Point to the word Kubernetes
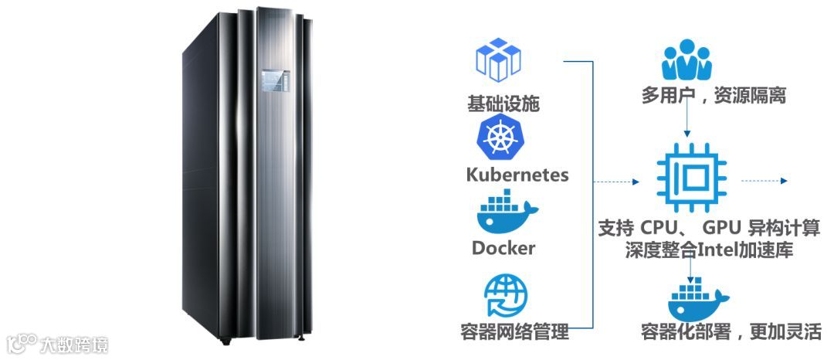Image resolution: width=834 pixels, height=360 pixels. point(517,174)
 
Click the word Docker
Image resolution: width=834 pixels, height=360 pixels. point(503,248)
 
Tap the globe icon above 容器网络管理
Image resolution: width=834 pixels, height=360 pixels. point(506,297)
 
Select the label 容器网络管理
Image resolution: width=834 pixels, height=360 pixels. point(514,332)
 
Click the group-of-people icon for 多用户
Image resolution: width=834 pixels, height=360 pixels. point(687,62)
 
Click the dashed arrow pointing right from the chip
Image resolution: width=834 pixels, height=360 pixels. point(764,182)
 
